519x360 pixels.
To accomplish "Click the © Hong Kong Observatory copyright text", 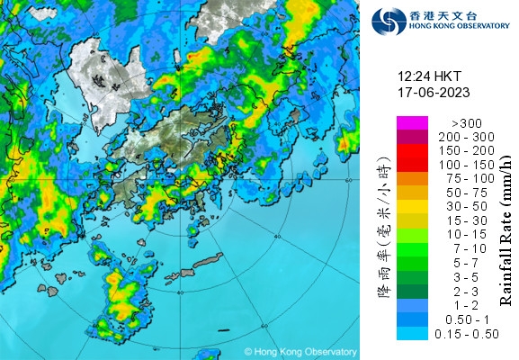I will (300, 352).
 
